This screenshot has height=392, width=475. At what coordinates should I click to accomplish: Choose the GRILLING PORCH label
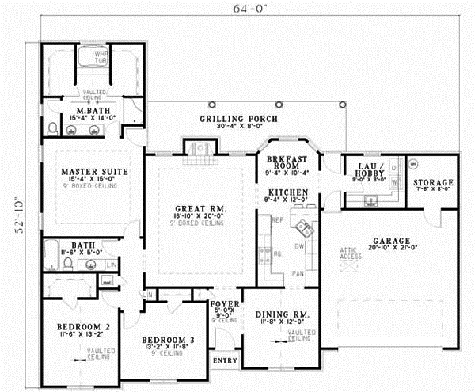point(238,118)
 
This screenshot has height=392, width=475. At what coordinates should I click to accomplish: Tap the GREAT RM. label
point(199,209)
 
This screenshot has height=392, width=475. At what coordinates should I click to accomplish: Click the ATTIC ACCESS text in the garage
point(351,256)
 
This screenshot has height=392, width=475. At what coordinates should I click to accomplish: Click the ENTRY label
point(224,361)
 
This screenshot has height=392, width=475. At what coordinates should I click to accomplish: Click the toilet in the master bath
point(51,127)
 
